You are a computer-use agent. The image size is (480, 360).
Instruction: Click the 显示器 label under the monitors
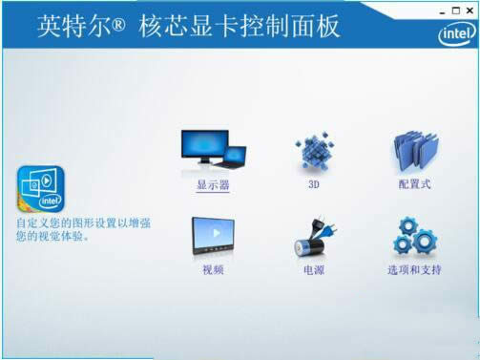point(213,185)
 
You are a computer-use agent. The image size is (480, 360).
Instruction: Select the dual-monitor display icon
point(213,150)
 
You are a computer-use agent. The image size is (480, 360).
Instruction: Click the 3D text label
point(312,185)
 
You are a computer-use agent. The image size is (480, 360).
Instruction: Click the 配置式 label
point(414,184)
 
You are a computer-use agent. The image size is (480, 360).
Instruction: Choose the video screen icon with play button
point(213,237)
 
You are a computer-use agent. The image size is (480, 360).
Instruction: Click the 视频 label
point(213,270)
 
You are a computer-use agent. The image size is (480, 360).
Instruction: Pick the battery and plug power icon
point(313,239)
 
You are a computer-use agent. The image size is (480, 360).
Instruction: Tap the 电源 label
point(313,270)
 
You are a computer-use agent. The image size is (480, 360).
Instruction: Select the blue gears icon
point(414,237)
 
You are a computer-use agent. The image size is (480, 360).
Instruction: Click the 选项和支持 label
point(414,270)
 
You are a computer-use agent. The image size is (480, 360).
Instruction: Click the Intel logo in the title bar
point(455,34)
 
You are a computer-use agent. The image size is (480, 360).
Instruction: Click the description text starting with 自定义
point(83,229)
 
